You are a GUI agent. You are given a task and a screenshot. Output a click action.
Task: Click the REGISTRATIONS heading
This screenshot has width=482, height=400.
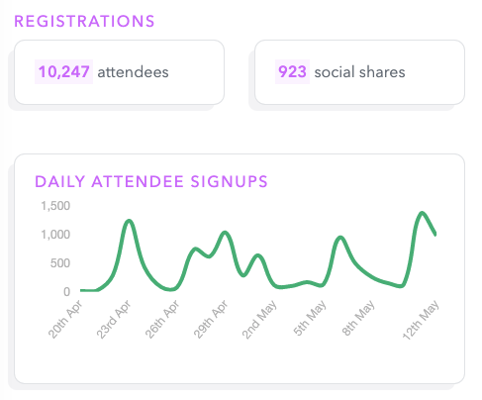tap(84, 20)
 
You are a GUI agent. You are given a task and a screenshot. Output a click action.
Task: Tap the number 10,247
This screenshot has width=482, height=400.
tap(63, 72)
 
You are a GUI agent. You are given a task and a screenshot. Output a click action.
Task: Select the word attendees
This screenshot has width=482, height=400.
tap(133, 72)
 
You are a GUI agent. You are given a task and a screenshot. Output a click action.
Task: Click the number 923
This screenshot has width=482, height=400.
tap(292, 72)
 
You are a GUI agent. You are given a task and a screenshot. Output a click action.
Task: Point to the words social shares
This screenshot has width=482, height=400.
tap(359, 72)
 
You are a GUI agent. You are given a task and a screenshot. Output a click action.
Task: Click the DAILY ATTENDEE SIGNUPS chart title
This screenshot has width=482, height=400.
tap(151, 181)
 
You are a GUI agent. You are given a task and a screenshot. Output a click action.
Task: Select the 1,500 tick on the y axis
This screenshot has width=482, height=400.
tap(56, 206)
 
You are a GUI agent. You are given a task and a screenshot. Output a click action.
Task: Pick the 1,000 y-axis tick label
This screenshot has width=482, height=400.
tap(56, 235)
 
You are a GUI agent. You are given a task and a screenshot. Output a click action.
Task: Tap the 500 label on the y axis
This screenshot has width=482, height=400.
tap(61, 263)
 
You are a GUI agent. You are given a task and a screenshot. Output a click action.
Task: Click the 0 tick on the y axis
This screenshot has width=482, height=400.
tap(67, 292)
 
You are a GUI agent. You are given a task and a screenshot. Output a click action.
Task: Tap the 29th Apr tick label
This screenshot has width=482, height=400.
tap(209, 319)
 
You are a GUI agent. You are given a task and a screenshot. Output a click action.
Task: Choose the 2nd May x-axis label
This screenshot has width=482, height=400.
tap(258, 319)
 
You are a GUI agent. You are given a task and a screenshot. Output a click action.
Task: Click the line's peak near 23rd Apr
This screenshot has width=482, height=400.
tap(129, 221)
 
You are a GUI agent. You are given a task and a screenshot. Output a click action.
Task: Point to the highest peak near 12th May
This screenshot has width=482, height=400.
tap(422, 213)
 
